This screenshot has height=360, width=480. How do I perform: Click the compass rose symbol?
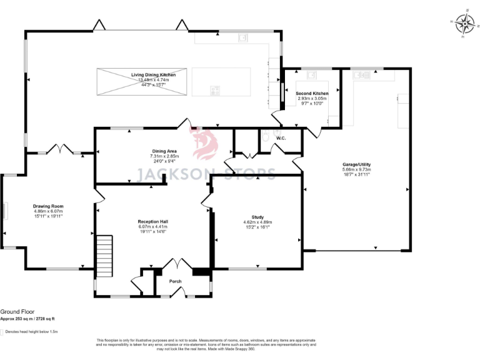[464, 24]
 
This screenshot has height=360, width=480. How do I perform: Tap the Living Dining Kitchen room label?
[153, 75]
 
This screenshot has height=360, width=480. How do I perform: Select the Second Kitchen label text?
[311, 93]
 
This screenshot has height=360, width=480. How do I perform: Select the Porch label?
[176, 281]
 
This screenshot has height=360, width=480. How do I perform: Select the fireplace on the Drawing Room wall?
[6, 211]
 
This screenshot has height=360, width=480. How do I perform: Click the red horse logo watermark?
[205, 145]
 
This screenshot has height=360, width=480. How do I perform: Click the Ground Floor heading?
[17, 311]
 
